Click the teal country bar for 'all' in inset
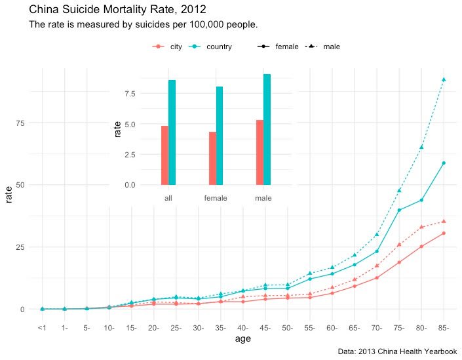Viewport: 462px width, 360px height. coord(172,132)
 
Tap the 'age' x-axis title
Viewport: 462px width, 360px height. coord(242,339)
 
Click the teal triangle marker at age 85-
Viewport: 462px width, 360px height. coord(444,79)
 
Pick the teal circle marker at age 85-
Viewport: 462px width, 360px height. coord(444,163)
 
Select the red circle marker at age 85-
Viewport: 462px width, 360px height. coord(444,233)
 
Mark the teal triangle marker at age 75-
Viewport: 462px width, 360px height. coord(399,190)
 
